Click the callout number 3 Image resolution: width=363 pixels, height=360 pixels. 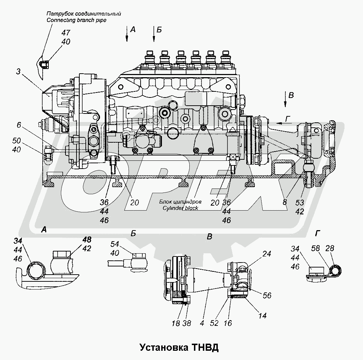(18, 72)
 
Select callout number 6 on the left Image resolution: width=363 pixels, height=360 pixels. (19, 125)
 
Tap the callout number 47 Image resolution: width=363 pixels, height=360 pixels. (66, 33)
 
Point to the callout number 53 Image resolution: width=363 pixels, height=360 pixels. (300, 203)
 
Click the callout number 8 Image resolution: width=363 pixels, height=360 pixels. (285, 202)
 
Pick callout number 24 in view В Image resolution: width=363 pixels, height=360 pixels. (267, 254)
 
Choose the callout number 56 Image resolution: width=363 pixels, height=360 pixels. (267, 295)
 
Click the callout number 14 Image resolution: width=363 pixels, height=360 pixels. (262, 316)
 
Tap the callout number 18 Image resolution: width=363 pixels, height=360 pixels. (176, 323)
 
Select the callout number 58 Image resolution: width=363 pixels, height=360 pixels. (315, 248)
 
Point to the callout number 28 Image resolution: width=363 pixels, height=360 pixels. (330, 248)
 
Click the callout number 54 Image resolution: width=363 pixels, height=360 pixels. (115, 244)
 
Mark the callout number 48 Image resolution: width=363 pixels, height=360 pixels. (86, 239)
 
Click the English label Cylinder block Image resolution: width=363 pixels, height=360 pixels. (180, 208)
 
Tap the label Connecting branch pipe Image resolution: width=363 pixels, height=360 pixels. (77, 20)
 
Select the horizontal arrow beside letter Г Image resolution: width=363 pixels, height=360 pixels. (283, 123)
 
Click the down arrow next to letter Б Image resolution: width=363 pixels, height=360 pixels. (154, 34)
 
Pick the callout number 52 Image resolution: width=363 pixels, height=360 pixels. (214, 323)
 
